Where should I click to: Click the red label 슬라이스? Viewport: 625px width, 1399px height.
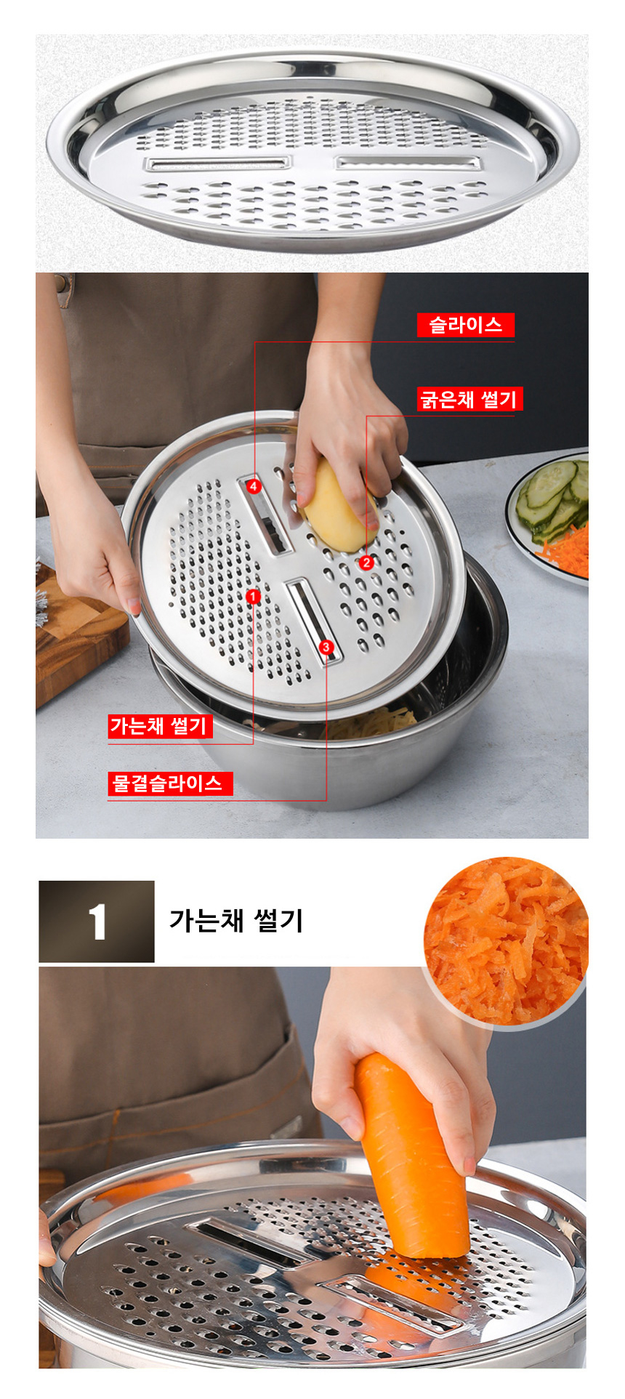465,324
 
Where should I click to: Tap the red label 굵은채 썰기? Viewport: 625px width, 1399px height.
469,399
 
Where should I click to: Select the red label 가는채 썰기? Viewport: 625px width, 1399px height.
160,726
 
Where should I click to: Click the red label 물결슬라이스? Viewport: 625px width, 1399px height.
170,783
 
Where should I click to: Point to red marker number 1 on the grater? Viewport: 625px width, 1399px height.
253,597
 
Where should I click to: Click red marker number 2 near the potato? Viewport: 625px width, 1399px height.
366,562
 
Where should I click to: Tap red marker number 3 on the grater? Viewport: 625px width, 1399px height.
326,647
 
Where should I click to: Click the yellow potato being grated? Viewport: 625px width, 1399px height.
338,509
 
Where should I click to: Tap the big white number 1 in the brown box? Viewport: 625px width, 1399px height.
97,922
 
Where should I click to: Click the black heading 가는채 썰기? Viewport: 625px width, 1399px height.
236,920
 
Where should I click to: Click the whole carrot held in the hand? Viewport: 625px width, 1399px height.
414,1156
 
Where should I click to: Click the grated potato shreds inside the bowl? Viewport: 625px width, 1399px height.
363,723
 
